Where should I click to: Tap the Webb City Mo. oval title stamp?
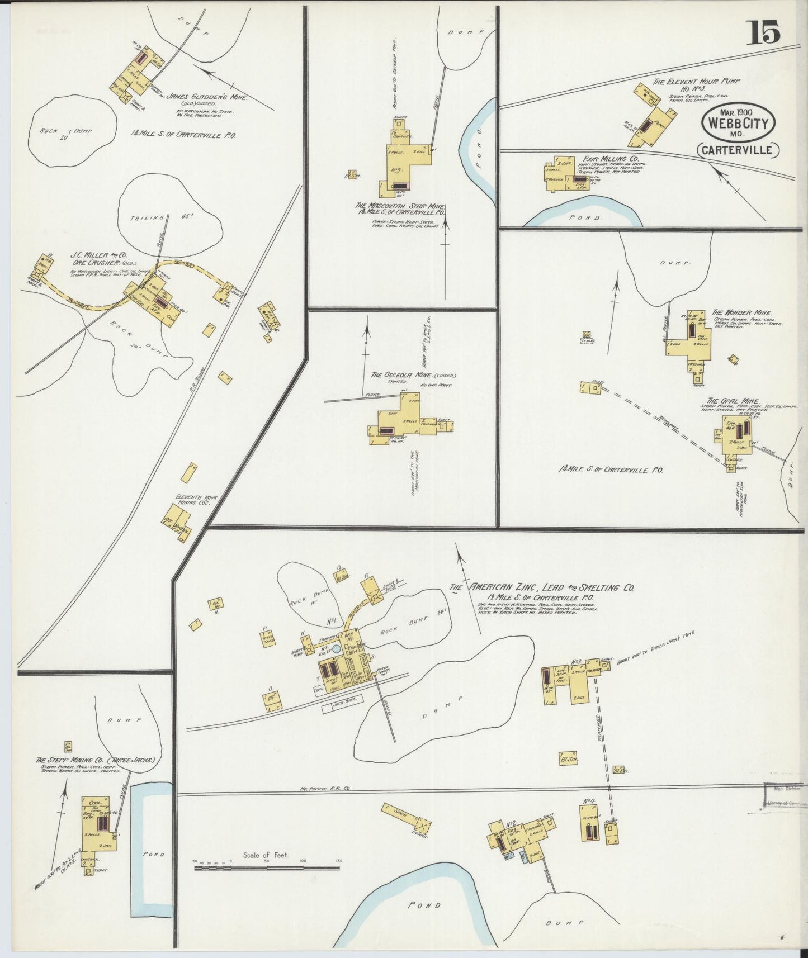[x=738, y=126]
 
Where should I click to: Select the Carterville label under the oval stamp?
[x=738, y=150]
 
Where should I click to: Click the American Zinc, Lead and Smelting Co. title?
[x=551, y=587]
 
